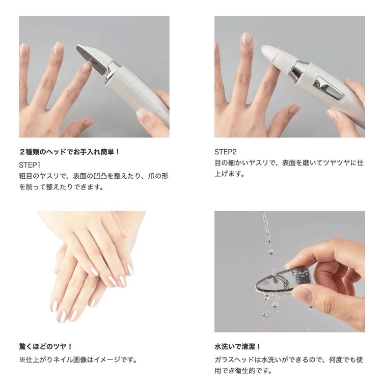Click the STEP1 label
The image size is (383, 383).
(x=30, y=165)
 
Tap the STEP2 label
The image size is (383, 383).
(x=225, y=152)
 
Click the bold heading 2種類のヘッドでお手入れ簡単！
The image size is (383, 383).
(x=69, y=152)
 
